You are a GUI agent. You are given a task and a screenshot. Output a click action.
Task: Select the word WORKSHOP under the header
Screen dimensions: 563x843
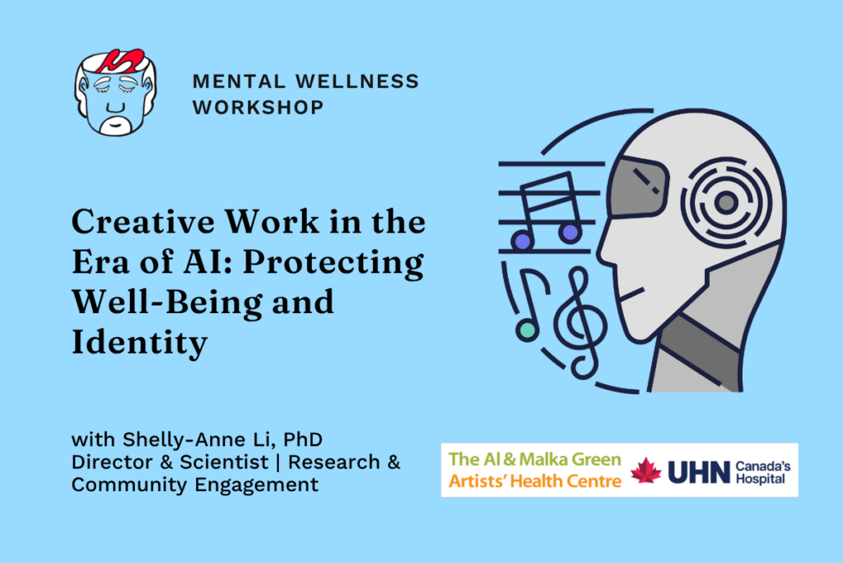(258, 107)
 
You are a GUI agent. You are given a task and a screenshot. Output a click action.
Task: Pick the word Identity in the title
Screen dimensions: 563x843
(139, 344)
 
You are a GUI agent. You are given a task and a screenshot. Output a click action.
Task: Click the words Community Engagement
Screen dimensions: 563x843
(194, 485)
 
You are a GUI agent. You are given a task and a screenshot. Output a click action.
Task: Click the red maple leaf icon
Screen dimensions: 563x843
(646, 471)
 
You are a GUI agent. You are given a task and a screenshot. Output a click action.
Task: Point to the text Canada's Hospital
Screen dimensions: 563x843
(763, 471)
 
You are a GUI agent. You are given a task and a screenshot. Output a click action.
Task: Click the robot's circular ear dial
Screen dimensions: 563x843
(725, 199)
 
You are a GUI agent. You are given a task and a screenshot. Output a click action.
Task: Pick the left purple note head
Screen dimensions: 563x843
(520, 240)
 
